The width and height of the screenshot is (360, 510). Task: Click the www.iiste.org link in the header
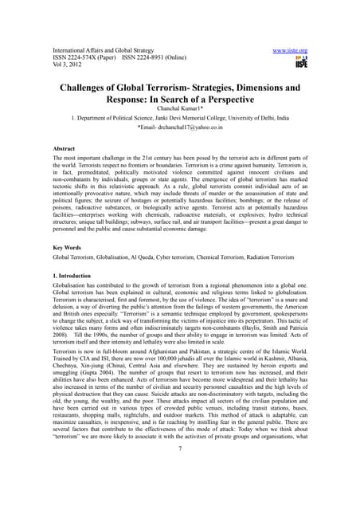tap(290, 51)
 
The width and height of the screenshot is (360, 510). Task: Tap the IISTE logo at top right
tap(300, 63)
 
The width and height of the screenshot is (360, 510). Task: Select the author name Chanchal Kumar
tap(178, 111)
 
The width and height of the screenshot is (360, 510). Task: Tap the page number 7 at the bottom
tap(180, 471)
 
